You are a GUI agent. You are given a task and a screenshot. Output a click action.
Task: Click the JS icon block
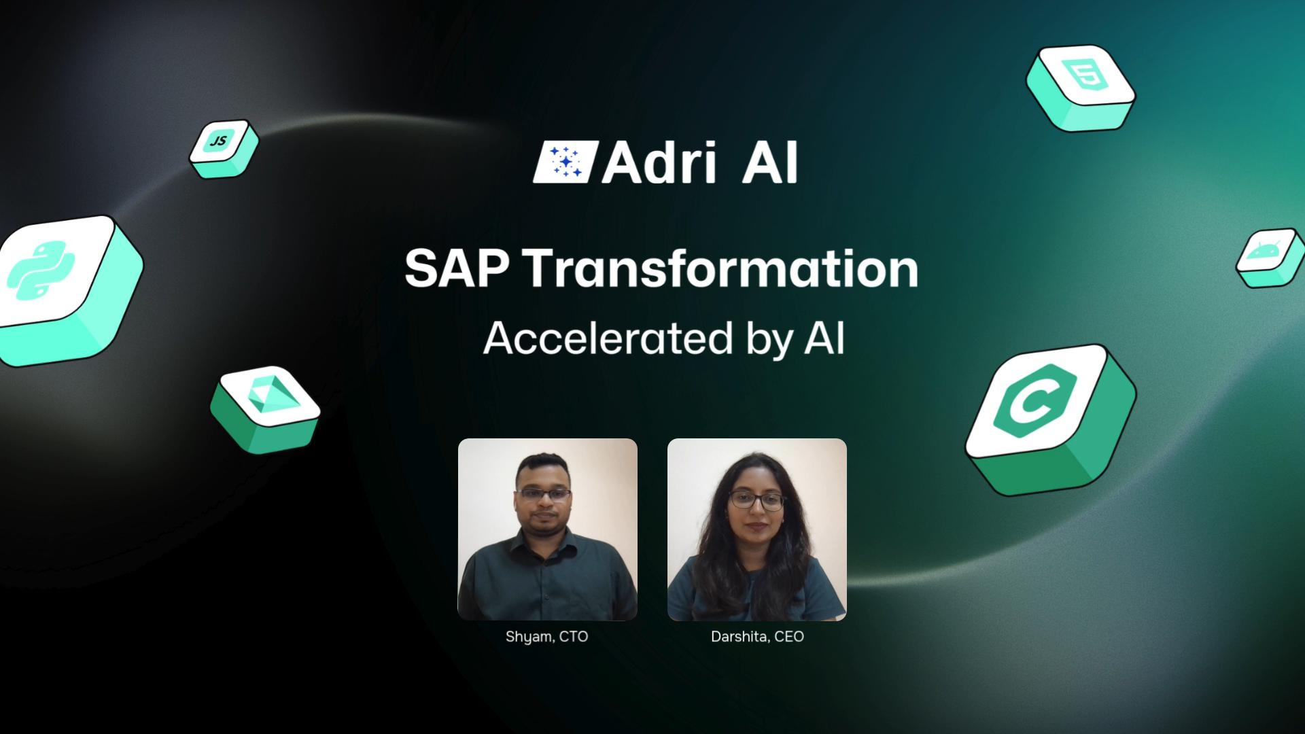224,149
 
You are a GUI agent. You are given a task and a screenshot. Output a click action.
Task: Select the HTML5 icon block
1080,87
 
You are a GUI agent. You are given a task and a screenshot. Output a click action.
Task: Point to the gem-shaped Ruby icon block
265,409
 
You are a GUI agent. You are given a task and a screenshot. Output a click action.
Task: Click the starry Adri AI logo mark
565,162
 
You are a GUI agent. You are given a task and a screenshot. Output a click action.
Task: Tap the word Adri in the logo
659,162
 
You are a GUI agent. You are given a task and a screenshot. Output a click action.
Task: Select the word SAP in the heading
456,268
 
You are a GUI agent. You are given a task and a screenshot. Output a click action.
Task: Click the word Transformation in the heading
723,268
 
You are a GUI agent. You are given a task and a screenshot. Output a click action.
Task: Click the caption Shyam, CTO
546,637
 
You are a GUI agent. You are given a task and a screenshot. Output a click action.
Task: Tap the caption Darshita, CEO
757,637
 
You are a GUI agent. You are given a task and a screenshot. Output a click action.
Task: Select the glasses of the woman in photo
756,502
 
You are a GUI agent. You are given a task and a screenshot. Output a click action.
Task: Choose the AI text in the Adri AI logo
769,162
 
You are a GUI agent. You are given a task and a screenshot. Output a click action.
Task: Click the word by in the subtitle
769,340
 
